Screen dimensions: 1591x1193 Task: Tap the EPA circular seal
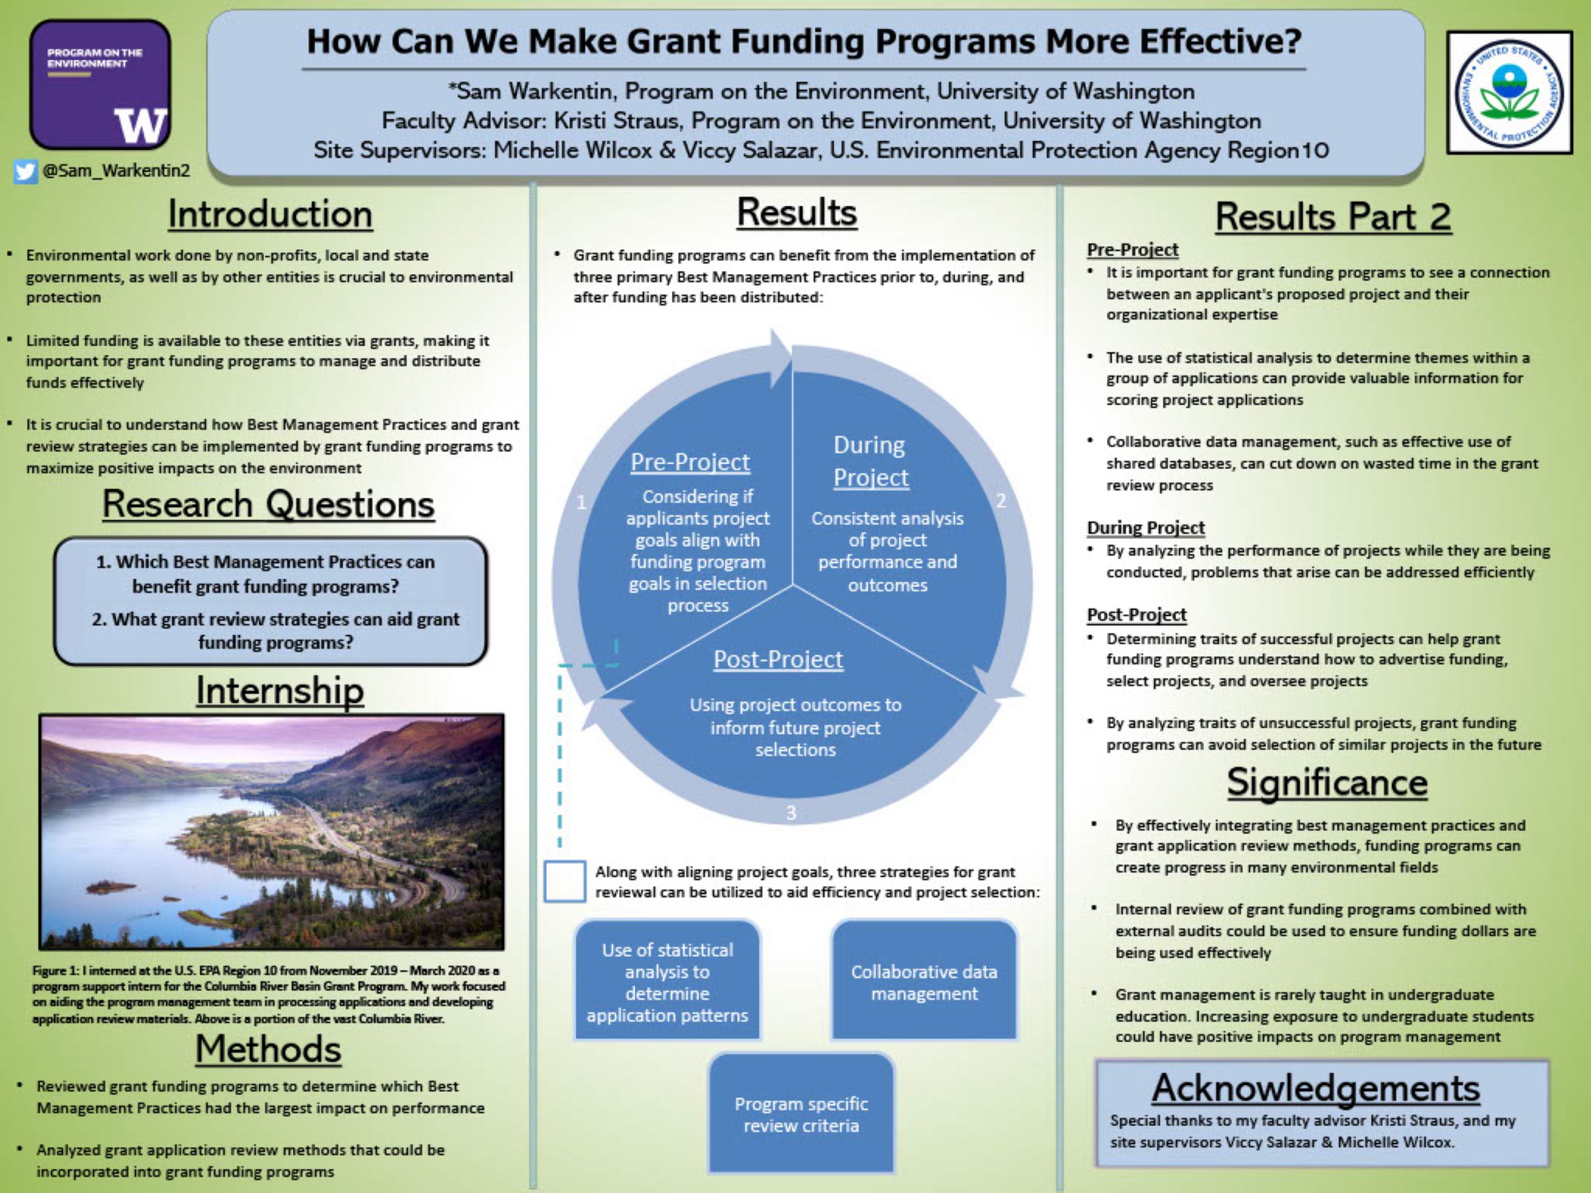1509,92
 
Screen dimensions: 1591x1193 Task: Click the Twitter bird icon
25,171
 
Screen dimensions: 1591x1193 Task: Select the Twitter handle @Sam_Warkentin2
116,170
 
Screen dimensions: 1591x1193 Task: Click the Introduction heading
270,214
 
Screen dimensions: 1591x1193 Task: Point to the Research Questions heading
268,504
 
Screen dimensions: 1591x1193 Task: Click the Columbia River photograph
272,832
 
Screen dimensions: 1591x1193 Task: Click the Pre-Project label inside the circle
690,462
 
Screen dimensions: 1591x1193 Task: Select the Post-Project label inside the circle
778,659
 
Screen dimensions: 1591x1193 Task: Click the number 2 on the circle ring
1001,500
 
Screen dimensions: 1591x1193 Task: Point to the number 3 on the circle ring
791,813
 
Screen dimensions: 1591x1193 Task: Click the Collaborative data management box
924,981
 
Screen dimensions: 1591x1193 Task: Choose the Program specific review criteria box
801,1113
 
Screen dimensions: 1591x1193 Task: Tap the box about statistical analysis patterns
667,981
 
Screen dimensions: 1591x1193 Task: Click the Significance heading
1327,782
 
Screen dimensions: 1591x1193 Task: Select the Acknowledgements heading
1316,1088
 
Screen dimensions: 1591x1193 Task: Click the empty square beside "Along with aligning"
564,881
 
